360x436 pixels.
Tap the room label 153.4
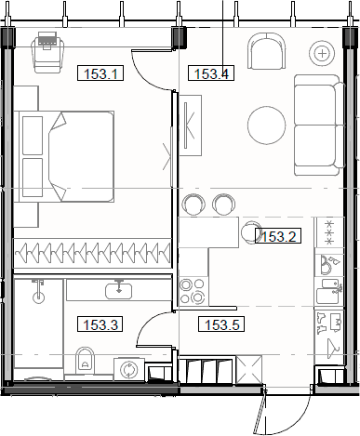click(210, 73)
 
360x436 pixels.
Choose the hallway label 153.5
click(221, 324)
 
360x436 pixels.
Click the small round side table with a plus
click(322, 53)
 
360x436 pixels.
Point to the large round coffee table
click(268, 125)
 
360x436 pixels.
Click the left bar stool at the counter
click(195, 204)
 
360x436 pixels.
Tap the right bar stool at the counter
click(224, 204)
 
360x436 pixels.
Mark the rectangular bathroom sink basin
click(118, 290)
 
